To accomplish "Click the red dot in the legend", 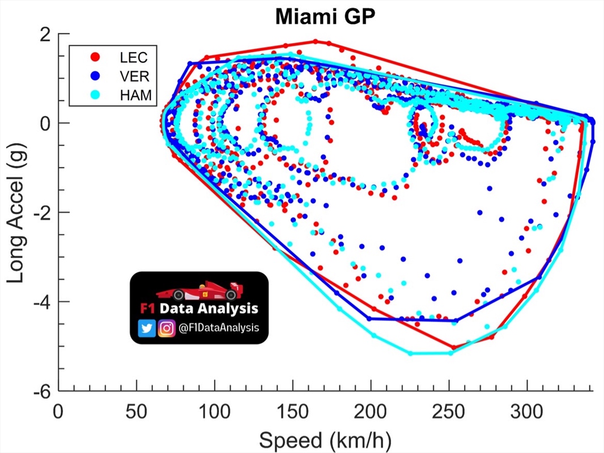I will pyautogui.click(x=95, y=57).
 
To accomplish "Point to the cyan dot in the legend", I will pyautogui.click(x=95, y=95).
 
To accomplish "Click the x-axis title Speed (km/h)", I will pyautogui.click(x=325, y=439).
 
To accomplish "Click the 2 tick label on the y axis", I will pyautogui.click(x=47, y=33).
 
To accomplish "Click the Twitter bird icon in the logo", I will pyautogui.click(x=147, y=328).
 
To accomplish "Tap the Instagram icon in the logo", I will pyautogui.click(x=166, y=328).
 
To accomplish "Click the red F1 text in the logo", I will pyautogui.click(x=147, y=309).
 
